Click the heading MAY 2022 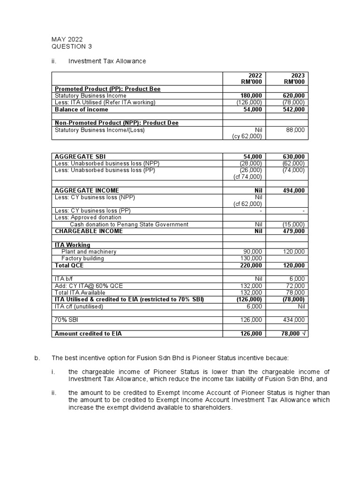pyautogui.click(x=67, y=40)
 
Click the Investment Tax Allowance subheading pyautogui.click(x=107, y=61)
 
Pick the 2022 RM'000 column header pyautogui.click(x=251, y=78)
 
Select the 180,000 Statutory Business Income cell pyautogui.click(x=251, y=96)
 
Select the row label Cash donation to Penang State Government pyautogui.click(x=129, y=225)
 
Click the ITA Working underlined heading pyautogui.click(x=72, y=245)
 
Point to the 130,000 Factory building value pyautogui.click(x=251, y=258)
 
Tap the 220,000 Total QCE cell pyautogui.click(x=251, y=265)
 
